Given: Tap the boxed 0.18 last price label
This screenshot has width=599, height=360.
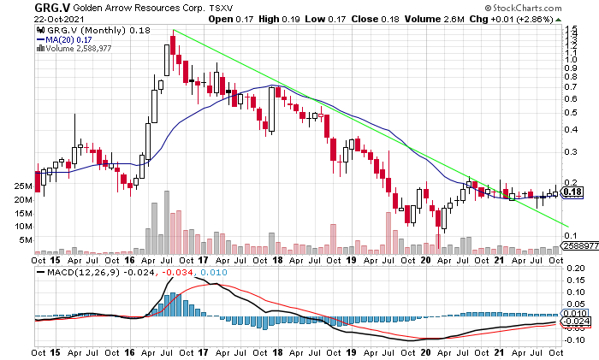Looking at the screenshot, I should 572,192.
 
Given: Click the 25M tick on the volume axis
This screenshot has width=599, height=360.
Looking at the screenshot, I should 23,186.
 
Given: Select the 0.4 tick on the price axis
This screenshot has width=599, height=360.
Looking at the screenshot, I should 571,130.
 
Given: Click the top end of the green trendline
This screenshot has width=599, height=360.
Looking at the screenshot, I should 174,31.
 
